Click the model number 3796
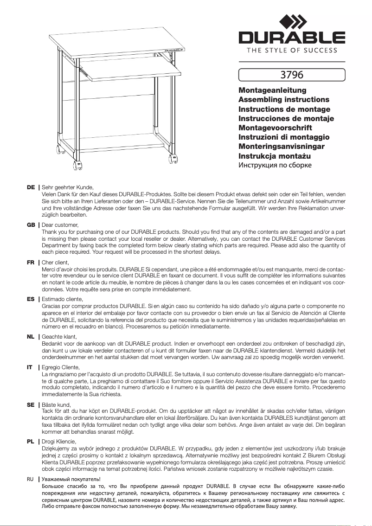click(292, 74)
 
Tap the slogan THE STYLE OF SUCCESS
click(292, 50)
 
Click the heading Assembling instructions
click(283, 99)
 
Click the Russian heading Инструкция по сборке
click(275, 165)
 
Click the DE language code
click(31, 187)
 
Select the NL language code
click(31, 336)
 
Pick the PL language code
click(31, 441)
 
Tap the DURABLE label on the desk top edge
click(173, 49)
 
